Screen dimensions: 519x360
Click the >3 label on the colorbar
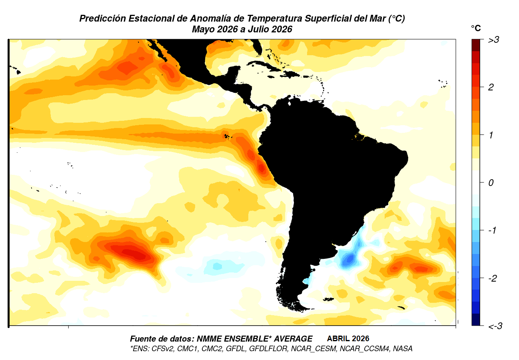pyautogui.click(x=494, y=40)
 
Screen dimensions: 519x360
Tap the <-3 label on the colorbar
pyautogui.click(x=495, y=326)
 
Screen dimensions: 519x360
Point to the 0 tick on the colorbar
pyautogui.click(x=491, y=183)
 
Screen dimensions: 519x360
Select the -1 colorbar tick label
pyautogui.click(x=492, y=230)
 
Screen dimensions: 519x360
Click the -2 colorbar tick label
pyautogui.click(x=493, y=278)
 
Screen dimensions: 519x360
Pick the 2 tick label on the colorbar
pyautogui.click(x=491, y=87)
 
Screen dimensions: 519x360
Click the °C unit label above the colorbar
pyautogui.click(x=476, y=28)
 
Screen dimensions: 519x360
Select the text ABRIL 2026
pyautogui.click(x=348, y=339)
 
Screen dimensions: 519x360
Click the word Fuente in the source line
pyautogui.click(x=143, y=339)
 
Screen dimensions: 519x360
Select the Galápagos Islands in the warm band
pyautogui.click(x=227, y=136)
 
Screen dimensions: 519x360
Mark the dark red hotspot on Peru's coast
pyautogui.click(x=262, y=168)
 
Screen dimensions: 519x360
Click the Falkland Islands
pyautogui.click(x=328, y=299)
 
